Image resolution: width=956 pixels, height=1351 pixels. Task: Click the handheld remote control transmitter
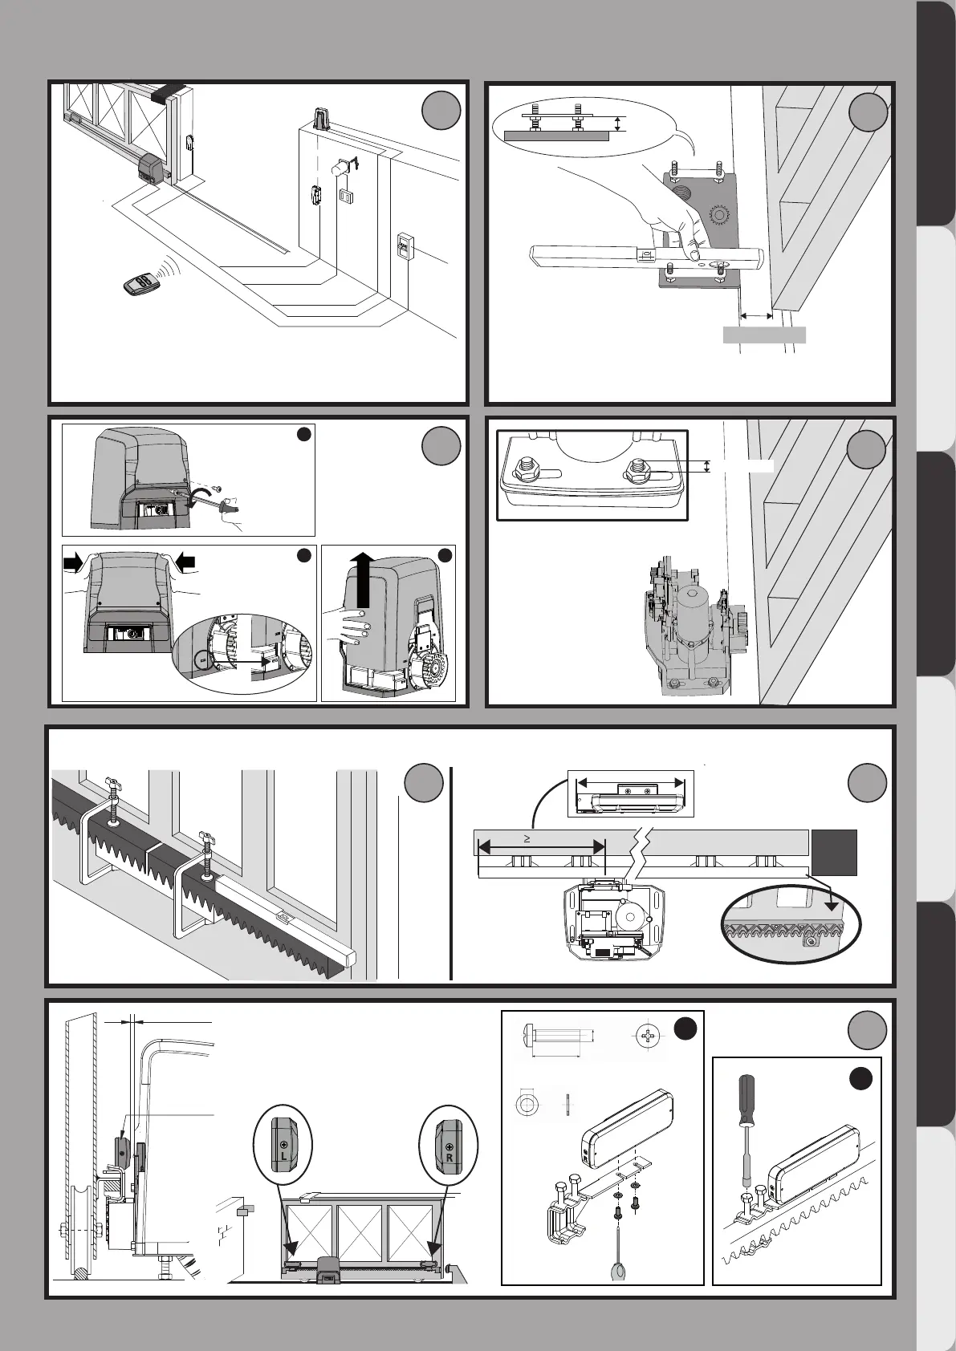tap(140, 284)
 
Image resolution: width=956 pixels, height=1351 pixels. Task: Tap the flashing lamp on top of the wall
tap(321, 119)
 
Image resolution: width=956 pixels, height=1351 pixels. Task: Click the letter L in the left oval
tap(283, 1158)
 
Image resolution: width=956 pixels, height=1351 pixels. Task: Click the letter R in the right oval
tap(450, 1158)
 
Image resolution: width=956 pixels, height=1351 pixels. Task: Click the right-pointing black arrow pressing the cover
tap(75, 565)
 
